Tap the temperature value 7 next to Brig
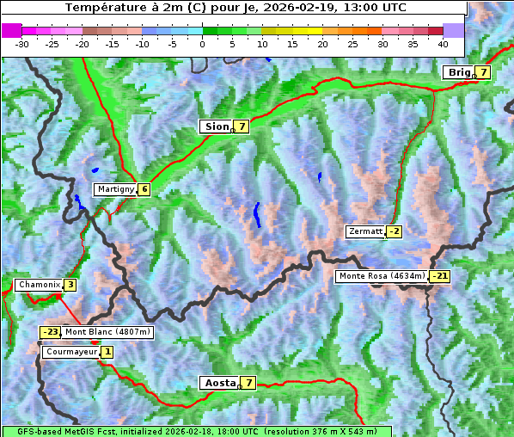[x=484, y=72]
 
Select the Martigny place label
[x=115, y=189]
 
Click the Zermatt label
[x=365, y=231]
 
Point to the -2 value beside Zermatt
[x=394, y=231]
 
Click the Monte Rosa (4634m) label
[x=381, y=276]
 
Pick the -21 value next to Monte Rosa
[x=439, y=276]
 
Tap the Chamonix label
[x=39, y=285]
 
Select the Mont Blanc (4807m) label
[x=107, y=332]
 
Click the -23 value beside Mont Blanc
[x=51, y=332]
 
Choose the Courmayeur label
[x=70, y=352]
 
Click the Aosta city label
[x=218, y=383]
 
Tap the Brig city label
[x=458, y=72]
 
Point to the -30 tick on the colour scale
[x=22, y=43]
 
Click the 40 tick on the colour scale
[x=443, y=43]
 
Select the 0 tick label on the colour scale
[x=202, y=43]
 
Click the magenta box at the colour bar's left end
[x=11, y=30]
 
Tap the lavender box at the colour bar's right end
[x=454, y=30]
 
